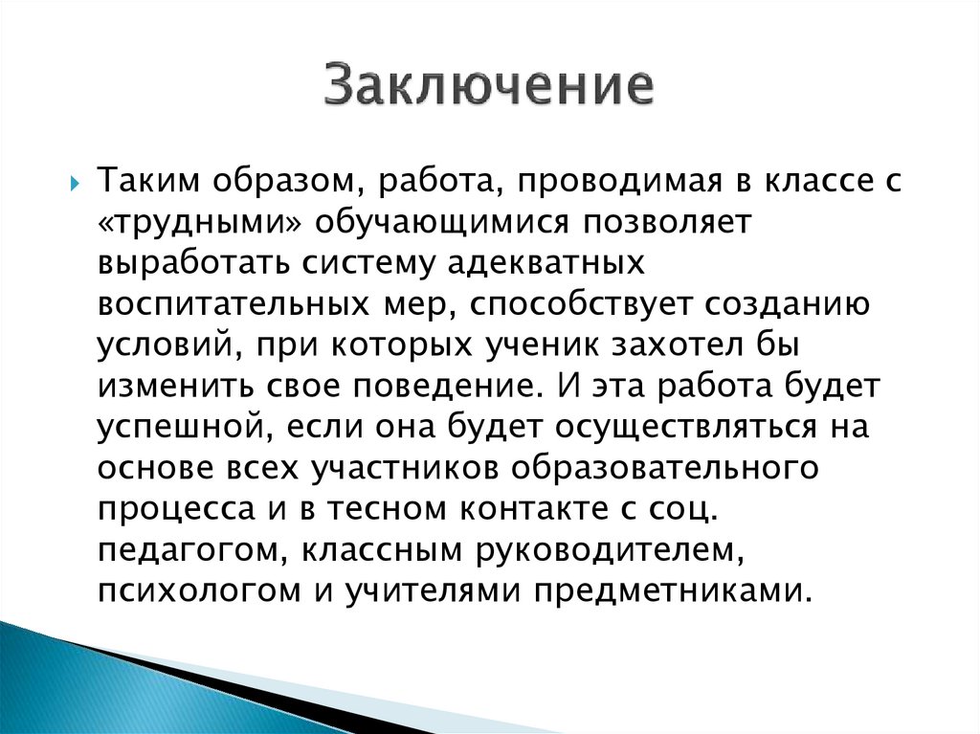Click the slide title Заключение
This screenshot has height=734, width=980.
(x=489, y=85)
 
